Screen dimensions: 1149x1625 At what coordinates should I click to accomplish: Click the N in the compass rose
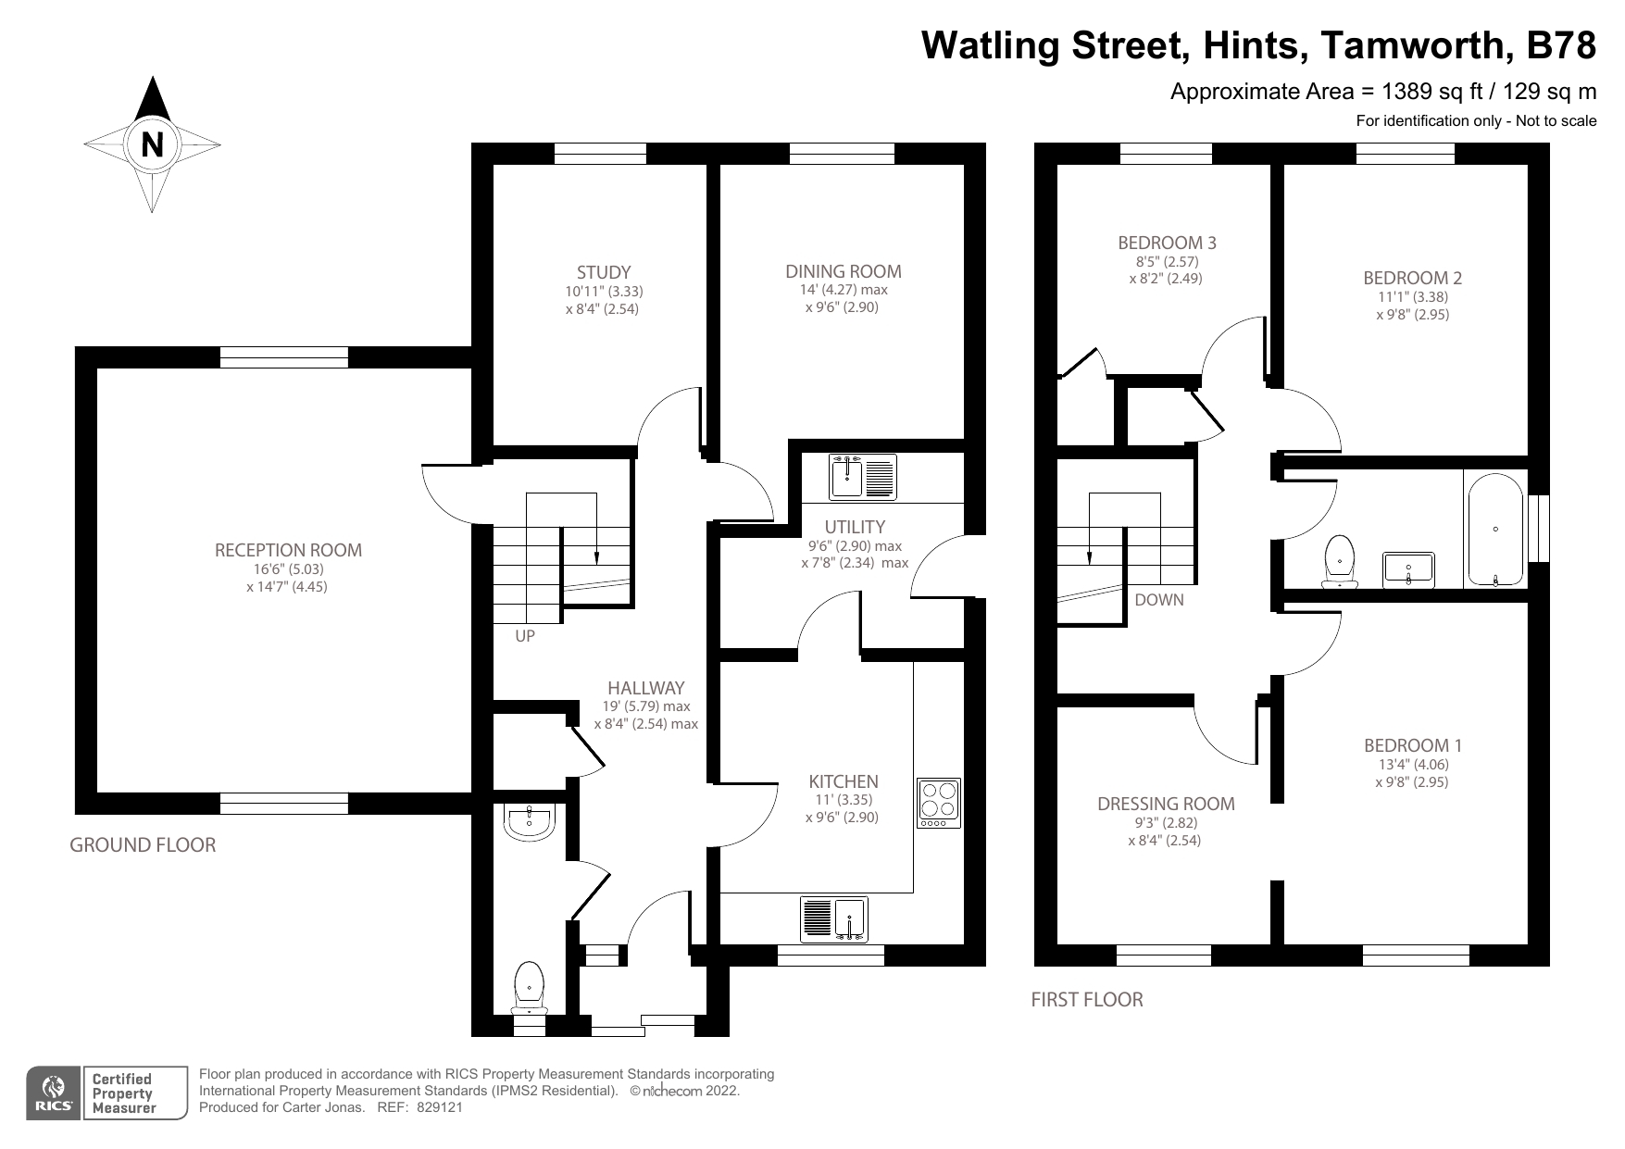click(x=153, y=144)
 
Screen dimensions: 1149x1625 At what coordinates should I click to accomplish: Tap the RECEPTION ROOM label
click(x=288, y=550)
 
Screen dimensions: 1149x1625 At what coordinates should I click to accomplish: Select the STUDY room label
click(x=604, y=272)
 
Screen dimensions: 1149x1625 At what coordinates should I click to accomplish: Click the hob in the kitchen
click(x=939, y=803)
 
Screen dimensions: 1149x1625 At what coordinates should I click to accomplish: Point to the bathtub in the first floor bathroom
click(x=1495, y=530)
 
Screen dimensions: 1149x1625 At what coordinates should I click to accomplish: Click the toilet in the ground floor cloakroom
click(x=529, y=989)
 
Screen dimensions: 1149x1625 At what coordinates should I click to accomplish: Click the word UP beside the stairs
click(x=525, y=637)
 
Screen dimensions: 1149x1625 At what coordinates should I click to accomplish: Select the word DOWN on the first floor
click(x=1159, y=600)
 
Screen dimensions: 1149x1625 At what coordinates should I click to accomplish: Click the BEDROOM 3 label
click(x=1167, y=243)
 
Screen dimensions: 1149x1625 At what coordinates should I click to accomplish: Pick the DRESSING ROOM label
click(x=1166, y=804)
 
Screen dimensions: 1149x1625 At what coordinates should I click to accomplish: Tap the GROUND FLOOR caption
click(x=143, y=845)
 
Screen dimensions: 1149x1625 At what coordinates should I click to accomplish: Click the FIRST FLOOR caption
click(x=1087, y=1000)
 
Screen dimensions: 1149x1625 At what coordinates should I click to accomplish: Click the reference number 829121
click(x=440, y=1107)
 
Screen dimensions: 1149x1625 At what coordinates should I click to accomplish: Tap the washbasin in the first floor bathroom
click(x=1408, y=569)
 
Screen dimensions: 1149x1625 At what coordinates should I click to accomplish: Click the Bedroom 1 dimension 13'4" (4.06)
click(x=1412, y=765)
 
